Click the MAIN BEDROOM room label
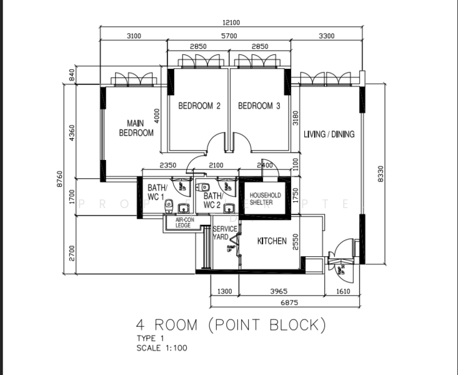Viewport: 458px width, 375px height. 136,127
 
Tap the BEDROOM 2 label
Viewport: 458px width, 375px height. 199,106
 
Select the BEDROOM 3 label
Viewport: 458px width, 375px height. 259,106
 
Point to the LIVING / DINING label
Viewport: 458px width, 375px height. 329,134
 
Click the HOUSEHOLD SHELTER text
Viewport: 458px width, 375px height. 261,199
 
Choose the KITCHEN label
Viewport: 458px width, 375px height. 272,241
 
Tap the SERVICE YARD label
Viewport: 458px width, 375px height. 225,233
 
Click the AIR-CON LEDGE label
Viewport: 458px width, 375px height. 183,223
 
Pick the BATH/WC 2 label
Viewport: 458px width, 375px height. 211,200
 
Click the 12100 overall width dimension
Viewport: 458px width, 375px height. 231,23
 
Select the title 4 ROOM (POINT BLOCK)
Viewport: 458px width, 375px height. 231,325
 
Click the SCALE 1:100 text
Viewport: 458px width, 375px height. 161,348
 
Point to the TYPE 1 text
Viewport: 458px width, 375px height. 150,339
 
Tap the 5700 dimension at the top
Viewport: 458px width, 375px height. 230,36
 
